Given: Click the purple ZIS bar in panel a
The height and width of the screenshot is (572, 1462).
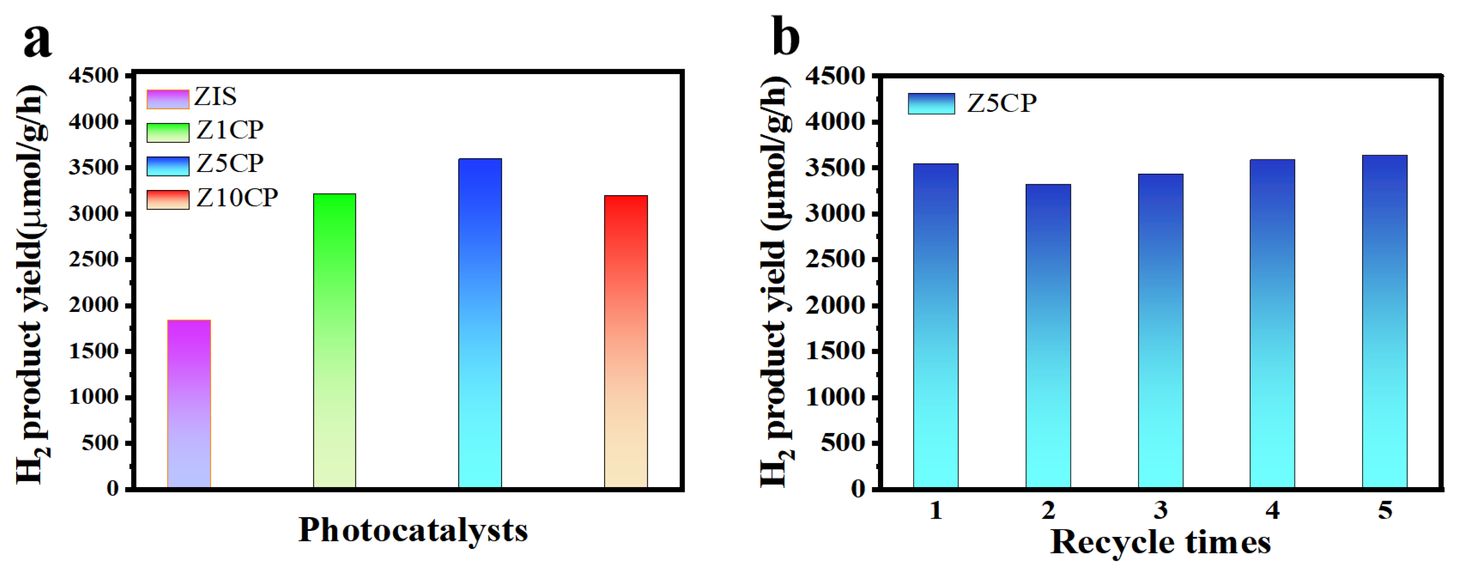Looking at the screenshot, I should pyautogui.click(x=189, y=404).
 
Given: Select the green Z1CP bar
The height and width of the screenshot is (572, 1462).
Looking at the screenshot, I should pyautogui.click(x=334, y=340).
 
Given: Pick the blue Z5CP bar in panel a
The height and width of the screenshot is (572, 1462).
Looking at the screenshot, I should pyautogui.click(x=480, y=323).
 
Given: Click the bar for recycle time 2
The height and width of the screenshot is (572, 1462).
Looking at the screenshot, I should pyautogui.click(x=1048, y=336).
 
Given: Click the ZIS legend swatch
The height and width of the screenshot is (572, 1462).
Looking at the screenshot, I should pyautogui.click(x=168, y=99).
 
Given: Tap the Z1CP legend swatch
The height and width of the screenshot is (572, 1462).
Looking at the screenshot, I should pyautogui.click(x=168, y=132).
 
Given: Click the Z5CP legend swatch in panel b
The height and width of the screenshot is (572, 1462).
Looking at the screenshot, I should pyautogui.click(x=931, y=104).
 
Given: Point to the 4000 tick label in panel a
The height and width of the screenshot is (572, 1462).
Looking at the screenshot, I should pyautogui.click(x=93, y=121).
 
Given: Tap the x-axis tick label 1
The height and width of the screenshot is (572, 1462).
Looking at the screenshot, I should pyautogui.click(x=936, y=511).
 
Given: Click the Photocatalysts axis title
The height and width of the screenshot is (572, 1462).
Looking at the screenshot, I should pyautogui.click(x=413, y=530).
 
